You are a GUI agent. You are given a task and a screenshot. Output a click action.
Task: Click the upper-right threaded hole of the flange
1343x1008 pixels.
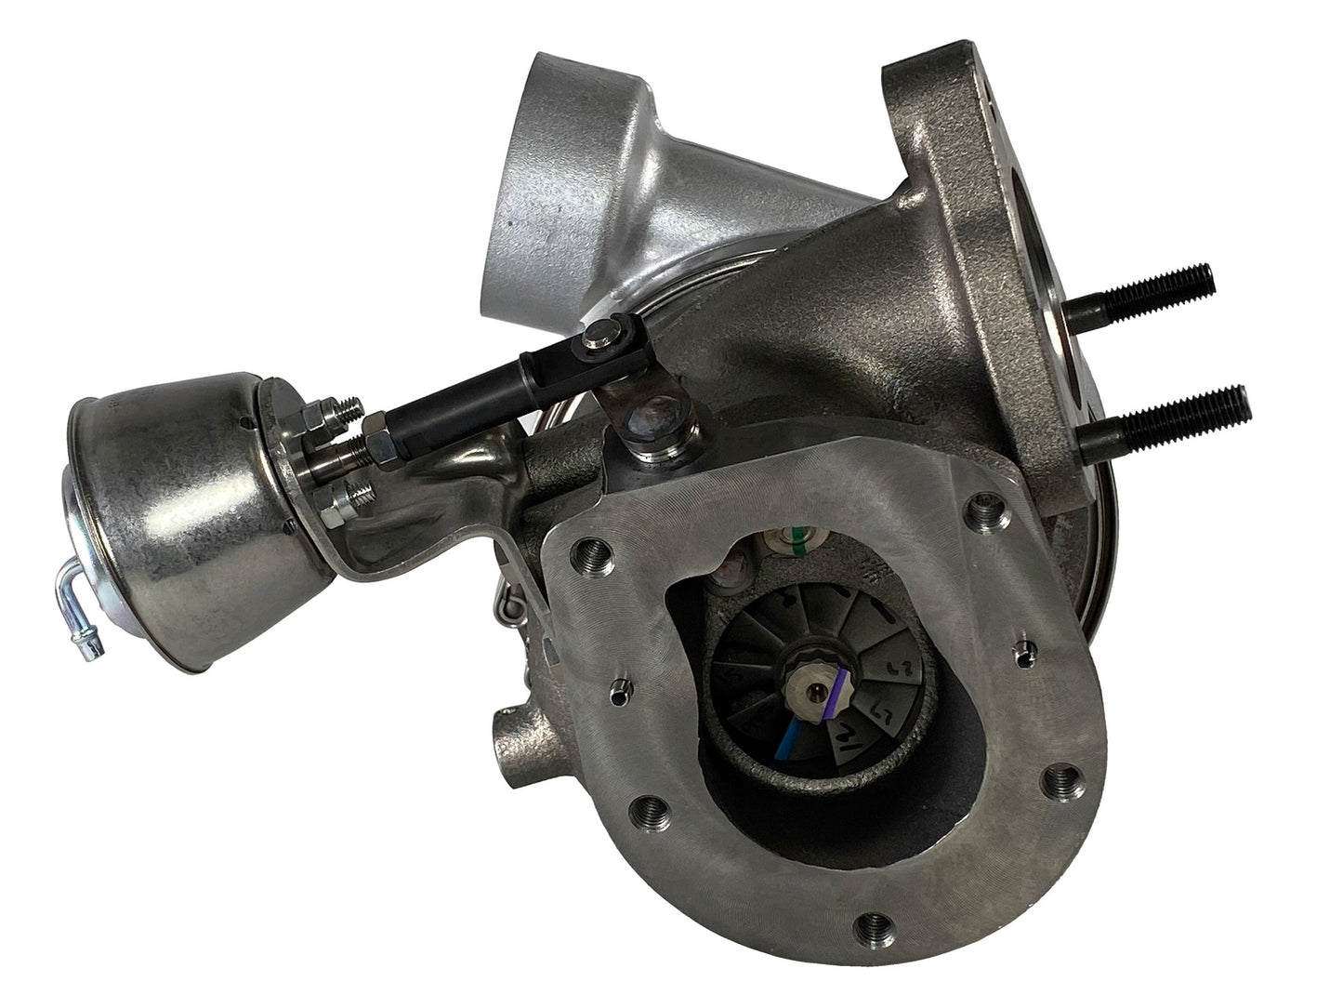point(986,509)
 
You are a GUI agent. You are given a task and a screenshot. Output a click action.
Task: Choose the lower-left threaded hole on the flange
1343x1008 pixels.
point(648,810)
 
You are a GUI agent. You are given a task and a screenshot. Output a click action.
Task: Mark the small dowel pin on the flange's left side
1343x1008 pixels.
point(617,688)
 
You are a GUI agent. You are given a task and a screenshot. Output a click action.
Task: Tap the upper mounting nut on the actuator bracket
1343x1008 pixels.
point(328,408)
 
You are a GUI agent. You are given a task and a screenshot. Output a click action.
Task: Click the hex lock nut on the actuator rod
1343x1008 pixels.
point(380,441)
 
